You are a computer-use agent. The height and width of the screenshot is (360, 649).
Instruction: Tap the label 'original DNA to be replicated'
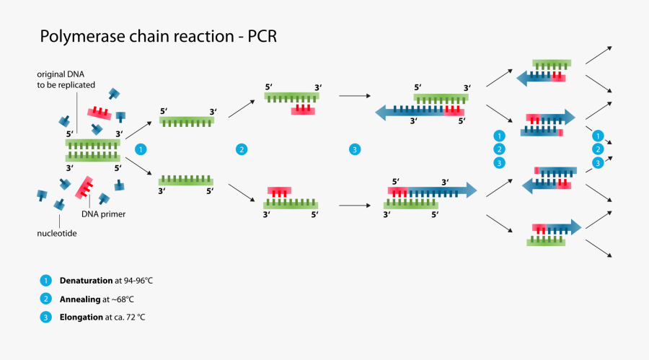tap(67, 79)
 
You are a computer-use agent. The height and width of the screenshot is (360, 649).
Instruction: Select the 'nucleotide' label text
tap(58, 233)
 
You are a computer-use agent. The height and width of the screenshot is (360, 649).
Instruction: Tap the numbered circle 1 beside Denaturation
tap(46, 280)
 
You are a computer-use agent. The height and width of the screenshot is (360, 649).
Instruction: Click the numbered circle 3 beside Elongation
tap(46, 317)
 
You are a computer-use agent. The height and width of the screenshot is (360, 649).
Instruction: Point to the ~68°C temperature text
tap(120, 298)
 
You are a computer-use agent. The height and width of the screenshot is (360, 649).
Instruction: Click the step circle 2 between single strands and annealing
tap(242, 149)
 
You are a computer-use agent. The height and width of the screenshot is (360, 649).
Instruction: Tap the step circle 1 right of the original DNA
tap(141, 149)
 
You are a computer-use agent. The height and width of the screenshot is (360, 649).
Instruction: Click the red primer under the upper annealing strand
tap(304, 110)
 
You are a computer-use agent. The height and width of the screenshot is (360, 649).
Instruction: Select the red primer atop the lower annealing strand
tap(279, 192)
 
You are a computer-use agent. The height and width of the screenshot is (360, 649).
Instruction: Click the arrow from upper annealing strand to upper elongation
tap(353, 95)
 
